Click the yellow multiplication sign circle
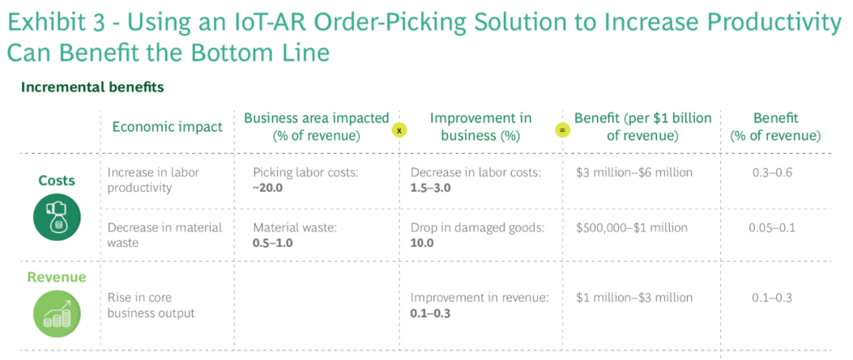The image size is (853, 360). (x=399, y=131)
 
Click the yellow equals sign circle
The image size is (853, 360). (x=562, y=131)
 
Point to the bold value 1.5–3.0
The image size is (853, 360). (x=431, y=188)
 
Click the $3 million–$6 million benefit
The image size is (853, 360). (x=634, y=173)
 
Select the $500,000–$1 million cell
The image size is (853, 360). (x=632, y=227)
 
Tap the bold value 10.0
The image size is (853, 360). (x=422, y=242)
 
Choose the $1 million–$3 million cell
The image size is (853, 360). (x=634, y=298)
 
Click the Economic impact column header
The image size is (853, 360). (x=167, y=126)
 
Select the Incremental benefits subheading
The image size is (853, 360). (x=92, y=87)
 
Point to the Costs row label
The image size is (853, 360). (x=57, y=181)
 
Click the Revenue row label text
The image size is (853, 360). (x=57, y=277)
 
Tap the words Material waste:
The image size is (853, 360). (x=295, y=227)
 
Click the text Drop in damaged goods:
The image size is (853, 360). (x=478, y=227)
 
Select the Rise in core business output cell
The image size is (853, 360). (x=151, y=306)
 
